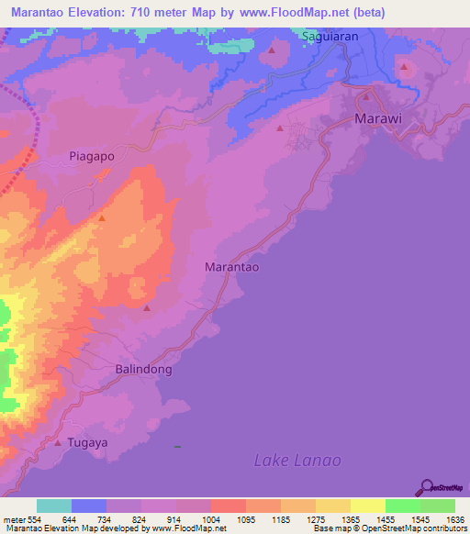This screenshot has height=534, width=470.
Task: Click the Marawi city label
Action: [377, 119]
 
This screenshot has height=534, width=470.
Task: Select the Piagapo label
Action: [92, 156]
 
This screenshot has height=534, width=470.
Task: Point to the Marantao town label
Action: [230, 267]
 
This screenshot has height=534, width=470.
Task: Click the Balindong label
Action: [143, 369]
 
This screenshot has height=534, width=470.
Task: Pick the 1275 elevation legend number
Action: [297, 519]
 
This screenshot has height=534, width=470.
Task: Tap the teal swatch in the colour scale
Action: [54, 506]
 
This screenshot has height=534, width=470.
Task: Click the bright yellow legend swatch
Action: [368, 506]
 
